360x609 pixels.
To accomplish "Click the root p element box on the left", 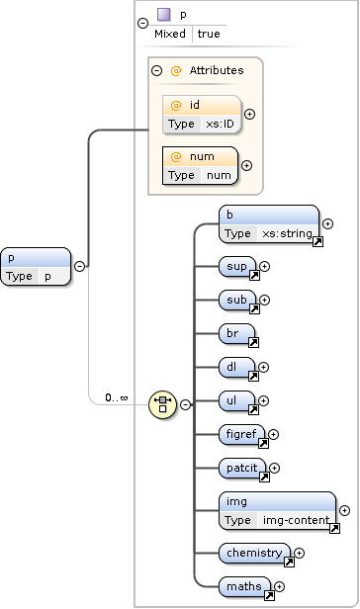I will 35,267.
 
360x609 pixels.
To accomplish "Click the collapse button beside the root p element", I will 79,266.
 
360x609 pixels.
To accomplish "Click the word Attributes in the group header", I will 216,70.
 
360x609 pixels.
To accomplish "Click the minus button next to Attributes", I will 156,70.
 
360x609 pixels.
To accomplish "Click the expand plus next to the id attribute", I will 248,114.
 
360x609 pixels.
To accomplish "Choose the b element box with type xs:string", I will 269,224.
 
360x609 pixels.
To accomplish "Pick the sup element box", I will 237,266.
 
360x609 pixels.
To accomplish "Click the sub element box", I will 237,300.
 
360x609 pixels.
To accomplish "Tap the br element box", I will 237,334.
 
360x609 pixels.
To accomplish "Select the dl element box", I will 237,367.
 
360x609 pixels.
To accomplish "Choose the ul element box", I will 237,400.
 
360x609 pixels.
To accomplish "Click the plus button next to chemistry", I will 299,554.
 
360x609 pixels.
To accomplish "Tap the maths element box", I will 245,587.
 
